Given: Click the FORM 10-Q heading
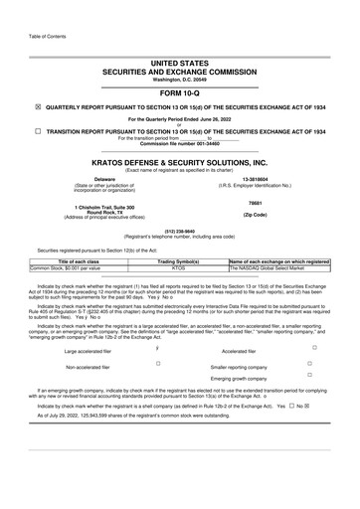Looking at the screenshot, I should (x=180, y=93).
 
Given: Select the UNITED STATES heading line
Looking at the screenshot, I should (x=180, y=63).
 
